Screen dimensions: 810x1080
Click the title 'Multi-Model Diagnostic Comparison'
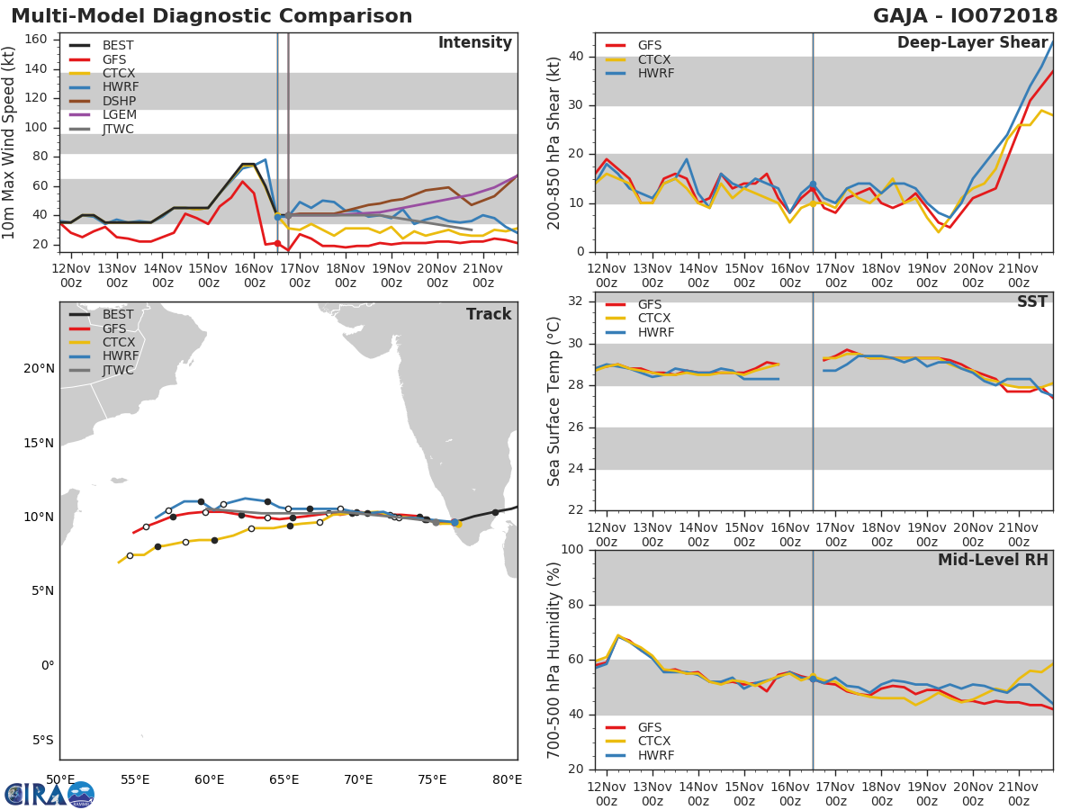coord(211,16)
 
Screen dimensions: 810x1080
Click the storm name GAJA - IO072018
coord(966,16)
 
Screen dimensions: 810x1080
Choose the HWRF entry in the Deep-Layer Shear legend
coord(655,74)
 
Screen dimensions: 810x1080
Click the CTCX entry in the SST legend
coord(654,319)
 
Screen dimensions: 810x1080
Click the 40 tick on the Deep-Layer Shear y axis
coord(578,57)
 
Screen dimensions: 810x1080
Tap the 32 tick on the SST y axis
coord(578,301)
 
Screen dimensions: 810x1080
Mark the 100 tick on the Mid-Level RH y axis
coord(573,550)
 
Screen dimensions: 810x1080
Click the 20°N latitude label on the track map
coord(39,368)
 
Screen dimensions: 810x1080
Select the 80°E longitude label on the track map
coord(507,779)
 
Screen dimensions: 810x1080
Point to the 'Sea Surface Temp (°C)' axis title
coord(553,401)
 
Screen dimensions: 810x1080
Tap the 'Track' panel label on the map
coord(488,315)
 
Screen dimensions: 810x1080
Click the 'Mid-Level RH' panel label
coord(993,560)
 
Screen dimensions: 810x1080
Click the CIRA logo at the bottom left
coord(49,794)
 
